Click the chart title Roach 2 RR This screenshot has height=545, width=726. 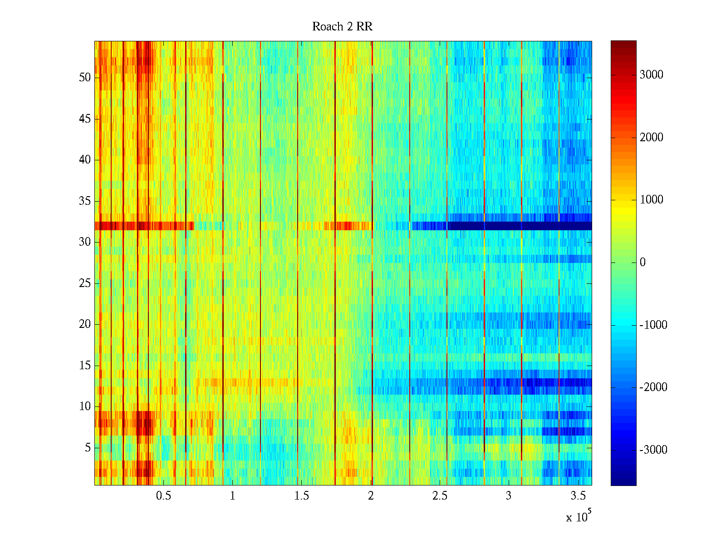click(342, 27)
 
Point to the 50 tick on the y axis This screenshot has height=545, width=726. click(85, 78)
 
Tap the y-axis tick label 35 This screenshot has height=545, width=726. click(85, 201)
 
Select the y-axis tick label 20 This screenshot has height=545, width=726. click(85, 324)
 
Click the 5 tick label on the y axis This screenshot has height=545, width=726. click(88, 448)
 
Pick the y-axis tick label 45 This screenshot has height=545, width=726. click(85, 119)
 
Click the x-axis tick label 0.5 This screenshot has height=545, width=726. click(163, 496)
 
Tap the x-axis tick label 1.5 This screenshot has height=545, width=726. click(301, 496)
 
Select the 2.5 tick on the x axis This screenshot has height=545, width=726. click(440, 496)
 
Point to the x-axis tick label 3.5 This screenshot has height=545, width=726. click(578, 496)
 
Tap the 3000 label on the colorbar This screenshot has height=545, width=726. click(651, 75)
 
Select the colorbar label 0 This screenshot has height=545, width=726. click(643, 263)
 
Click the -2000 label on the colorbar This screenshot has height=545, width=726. click(653, 387)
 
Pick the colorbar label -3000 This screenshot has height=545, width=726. click(653, 450)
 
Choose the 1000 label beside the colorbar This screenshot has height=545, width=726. click(651, 200)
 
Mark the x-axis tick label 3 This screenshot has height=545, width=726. click(508, 496)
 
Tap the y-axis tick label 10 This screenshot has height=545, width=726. click(85, 406)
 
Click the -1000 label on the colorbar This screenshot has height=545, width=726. click(653, 325)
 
